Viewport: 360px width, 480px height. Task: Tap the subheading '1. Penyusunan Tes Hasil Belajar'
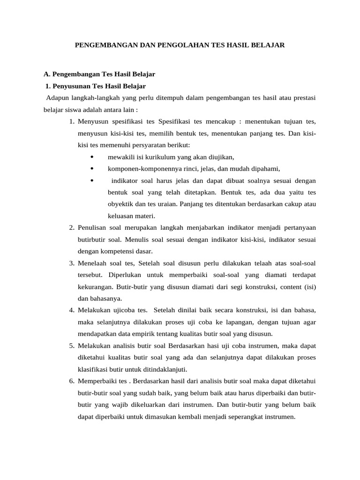click(96, 86)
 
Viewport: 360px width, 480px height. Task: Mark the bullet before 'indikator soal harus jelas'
click(91, 180)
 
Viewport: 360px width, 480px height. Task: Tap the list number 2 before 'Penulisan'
click(72, 227)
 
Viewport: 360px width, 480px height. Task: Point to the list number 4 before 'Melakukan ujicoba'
click(72, 310)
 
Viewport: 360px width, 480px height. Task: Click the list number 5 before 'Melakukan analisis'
click(72, 346)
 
